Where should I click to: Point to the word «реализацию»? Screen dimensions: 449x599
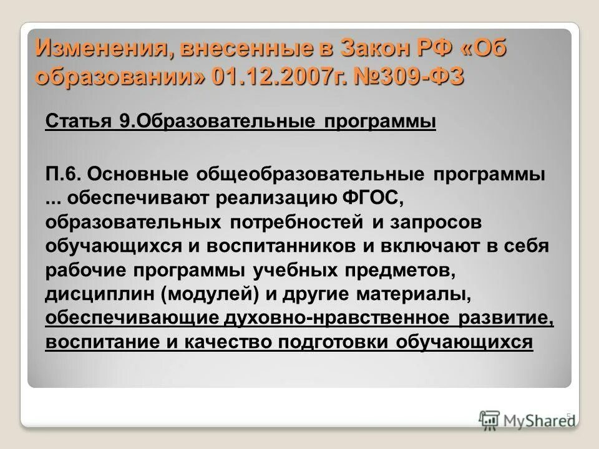276,198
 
